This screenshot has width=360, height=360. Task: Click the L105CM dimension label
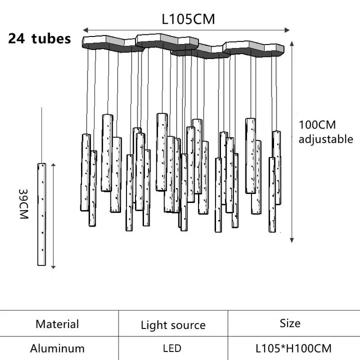point(188,19)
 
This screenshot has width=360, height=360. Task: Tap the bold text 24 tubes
point(39,38)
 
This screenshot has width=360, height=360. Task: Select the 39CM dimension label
point(23,204)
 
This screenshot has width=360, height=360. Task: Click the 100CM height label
point(317,125)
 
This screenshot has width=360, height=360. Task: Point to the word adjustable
point(326,139)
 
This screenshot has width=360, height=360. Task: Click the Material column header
point(57,324)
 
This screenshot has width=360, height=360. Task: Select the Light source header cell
point(173,325)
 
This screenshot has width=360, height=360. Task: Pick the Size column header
point(290,323)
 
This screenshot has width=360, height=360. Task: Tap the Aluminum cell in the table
point(57,348)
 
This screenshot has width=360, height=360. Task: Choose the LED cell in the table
point(172,348)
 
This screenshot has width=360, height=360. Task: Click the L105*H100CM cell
point(293,348)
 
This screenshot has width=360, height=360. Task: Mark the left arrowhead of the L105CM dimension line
point(85,30)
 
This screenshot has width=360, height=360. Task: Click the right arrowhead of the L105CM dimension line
point(287,30)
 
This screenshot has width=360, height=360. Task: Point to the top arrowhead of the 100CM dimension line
point(292,43)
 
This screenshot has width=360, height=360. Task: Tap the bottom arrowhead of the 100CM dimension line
point(292,240)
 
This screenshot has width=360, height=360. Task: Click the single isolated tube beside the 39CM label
point(41,214)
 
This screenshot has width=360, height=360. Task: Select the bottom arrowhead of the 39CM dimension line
point(53,267)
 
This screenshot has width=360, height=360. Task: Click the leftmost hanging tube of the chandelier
point(85,172)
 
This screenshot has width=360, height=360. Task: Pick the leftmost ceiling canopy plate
point(113,43)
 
